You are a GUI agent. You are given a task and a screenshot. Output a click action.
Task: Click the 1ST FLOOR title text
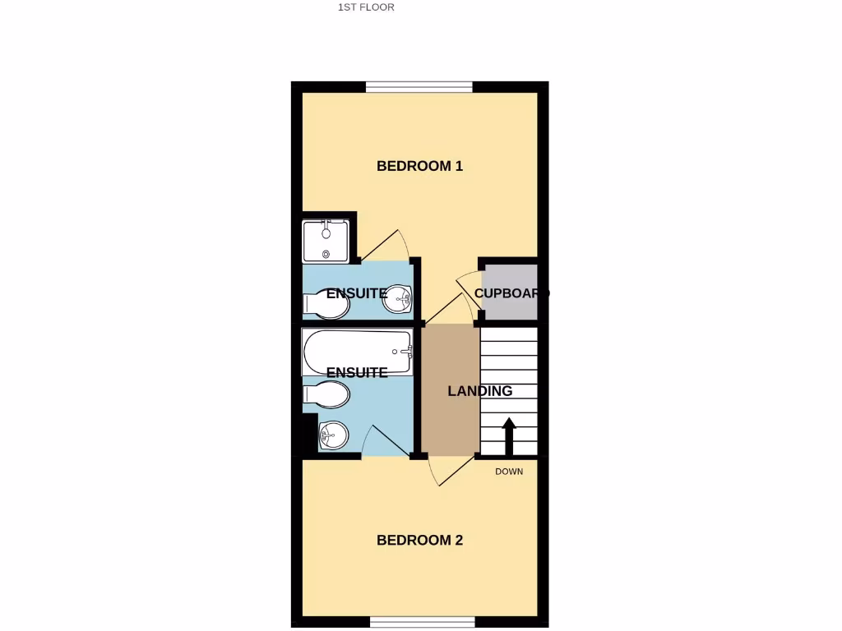[366, 7]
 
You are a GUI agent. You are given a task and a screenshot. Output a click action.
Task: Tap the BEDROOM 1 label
[419, 166]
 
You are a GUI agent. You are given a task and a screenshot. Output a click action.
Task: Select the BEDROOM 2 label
[419, 541]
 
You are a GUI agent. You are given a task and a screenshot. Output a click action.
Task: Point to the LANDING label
[479, 391]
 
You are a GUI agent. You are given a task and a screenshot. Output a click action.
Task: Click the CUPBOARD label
[511, 293]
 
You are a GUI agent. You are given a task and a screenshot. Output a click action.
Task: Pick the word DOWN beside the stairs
[509, 472]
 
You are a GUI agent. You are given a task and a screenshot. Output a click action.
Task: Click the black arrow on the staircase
[509, 435]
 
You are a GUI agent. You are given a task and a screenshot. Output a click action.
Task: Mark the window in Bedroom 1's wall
[419, 86]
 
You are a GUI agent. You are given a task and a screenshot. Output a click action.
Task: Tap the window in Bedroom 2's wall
[422, 621]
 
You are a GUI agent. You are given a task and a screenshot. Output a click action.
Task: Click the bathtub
[357, 352]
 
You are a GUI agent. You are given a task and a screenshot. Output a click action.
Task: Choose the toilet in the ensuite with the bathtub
[326, 395]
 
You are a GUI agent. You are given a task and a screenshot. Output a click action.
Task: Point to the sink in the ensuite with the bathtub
[333, 435]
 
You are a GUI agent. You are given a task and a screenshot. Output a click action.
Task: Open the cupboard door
[467, 289]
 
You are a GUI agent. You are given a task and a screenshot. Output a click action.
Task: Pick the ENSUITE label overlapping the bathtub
[357, 372]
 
